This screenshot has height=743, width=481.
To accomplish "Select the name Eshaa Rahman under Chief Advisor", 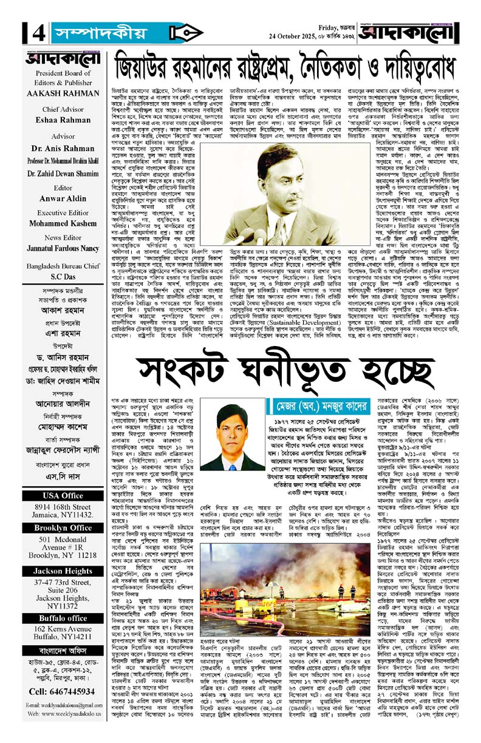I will [59, 119].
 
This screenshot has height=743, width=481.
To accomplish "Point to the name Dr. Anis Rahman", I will [59, 147].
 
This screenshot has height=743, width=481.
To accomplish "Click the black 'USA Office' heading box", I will [59, 495].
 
